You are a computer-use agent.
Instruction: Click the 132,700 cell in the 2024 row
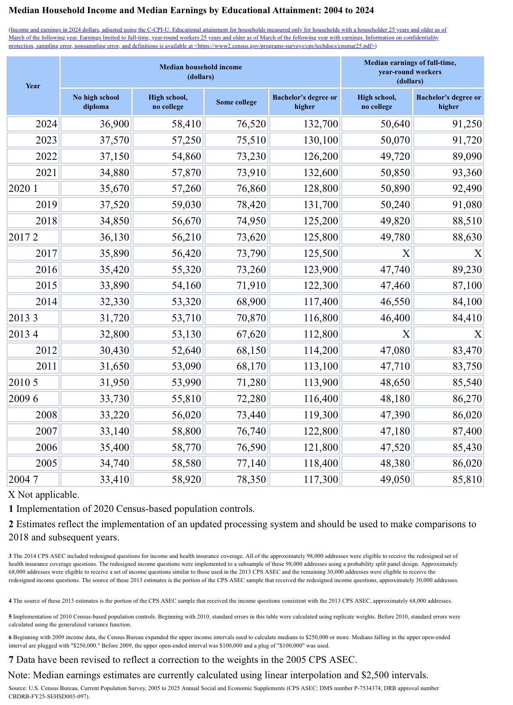pyautogui.click(x=321, y=124)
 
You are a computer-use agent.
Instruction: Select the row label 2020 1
pyautogui.click(x=24, y=188)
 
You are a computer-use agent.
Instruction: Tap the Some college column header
pyautogui.click(x=236, y=102)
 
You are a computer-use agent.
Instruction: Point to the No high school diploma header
pyautogui.click(x=96, y=102)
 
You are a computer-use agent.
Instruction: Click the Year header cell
pyautogui.click(x=33, y=86)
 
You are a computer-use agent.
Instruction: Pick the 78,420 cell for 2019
pyautogui.click(x=251, y=205)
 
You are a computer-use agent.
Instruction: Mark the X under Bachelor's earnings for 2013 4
pyautogui.click(x=477, y=334)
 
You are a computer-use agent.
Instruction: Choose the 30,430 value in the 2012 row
pyautogui.click(x=114, y=350)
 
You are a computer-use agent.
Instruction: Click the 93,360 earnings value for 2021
pyautogui.click(x=467, y=173)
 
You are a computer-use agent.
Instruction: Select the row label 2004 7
pyautogui.click(x=24, y=479)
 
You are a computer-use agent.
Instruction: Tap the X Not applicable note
pyautogui.click(x=44, y=495)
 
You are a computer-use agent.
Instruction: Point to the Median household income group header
pyautogui.click(x=200, y=72)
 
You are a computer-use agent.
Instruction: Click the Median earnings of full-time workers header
pyautogui.click(x=410, y=72)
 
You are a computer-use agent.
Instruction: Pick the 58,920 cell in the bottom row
pyautogui.click(x=186, y=479)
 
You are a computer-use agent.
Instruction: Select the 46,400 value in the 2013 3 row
pyautogui.click(x=395, y=318)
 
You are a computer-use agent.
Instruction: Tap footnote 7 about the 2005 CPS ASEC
pyautogui.click(x=183, y=659)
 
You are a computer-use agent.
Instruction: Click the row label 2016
pyautogui.click(x=46, y=270)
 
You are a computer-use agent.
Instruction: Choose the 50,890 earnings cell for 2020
pyautogui.click(x=395, y=188)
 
